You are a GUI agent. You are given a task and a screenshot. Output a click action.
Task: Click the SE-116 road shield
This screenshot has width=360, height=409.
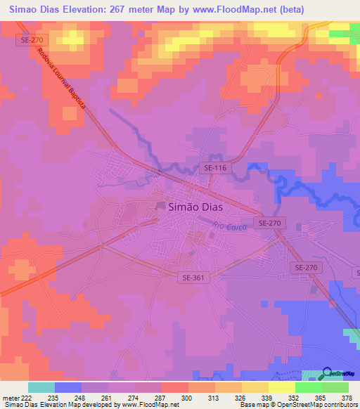click(214, 167)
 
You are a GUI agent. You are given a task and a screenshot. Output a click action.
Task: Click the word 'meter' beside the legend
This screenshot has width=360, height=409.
click(10, 396)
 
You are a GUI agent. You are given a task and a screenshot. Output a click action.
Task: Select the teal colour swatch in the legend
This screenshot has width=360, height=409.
click(41, 387)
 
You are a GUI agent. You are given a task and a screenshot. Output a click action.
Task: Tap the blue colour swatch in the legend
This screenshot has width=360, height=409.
click(68, 387)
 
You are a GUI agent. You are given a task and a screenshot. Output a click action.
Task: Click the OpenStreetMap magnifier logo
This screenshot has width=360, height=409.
click(328, 375)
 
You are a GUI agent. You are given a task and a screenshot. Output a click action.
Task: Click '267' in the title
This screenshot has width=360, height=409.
click(136, 9)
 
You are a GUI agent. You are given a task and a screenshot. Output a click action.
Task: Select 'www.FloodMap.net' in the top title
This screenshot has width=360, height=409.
click(268, 9)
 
